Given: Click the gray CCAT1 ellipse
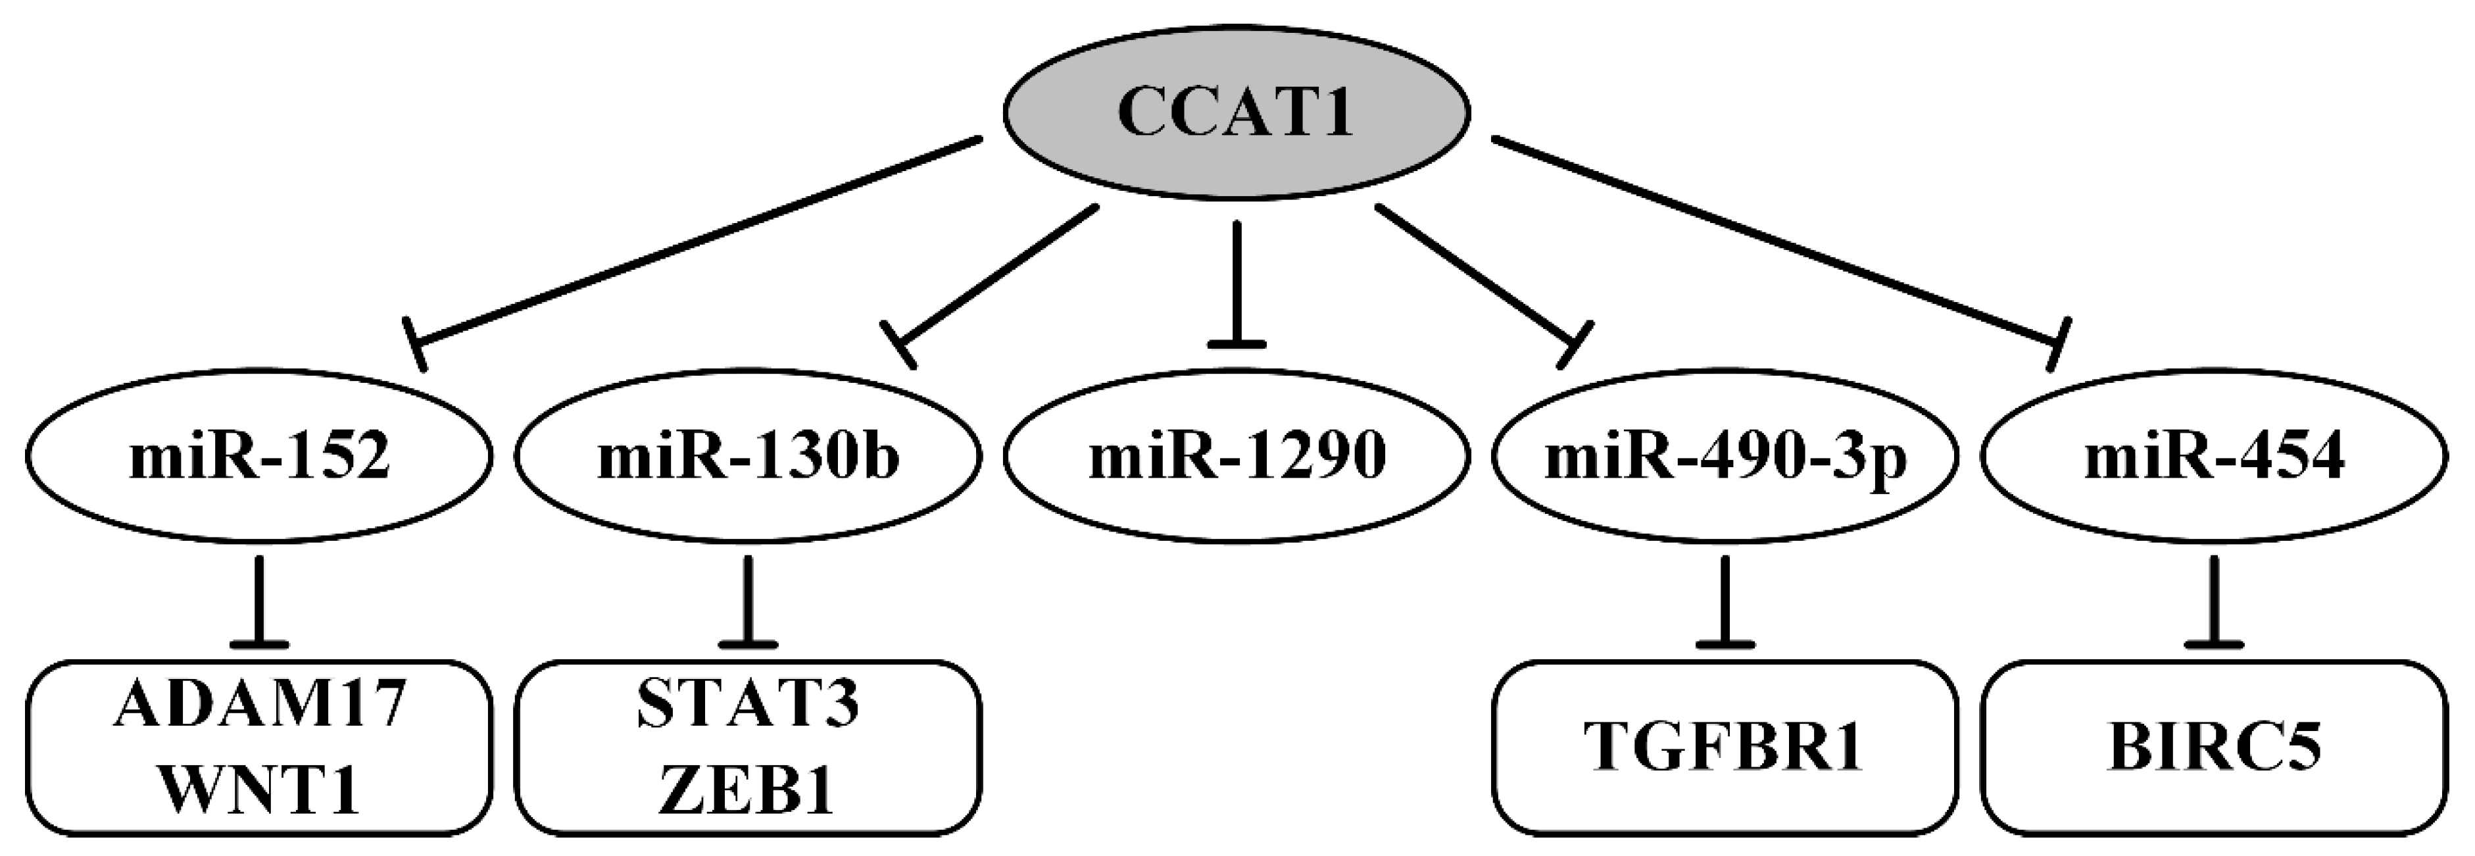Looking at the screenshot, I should pyautogui.click(x=1237, y=113).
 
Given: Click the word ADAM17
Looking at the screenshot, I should pyautogui.click(x=259, y=704).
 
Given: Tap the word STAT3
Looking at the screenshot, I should pyautogui.click(x=748, y=704).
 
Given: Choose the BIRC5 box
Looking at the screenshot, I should pyautogui.click(x=2215, y=747).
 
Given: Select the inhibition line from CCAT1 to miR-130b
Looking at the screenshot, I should pyautogui.click(x=999, y=271).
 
